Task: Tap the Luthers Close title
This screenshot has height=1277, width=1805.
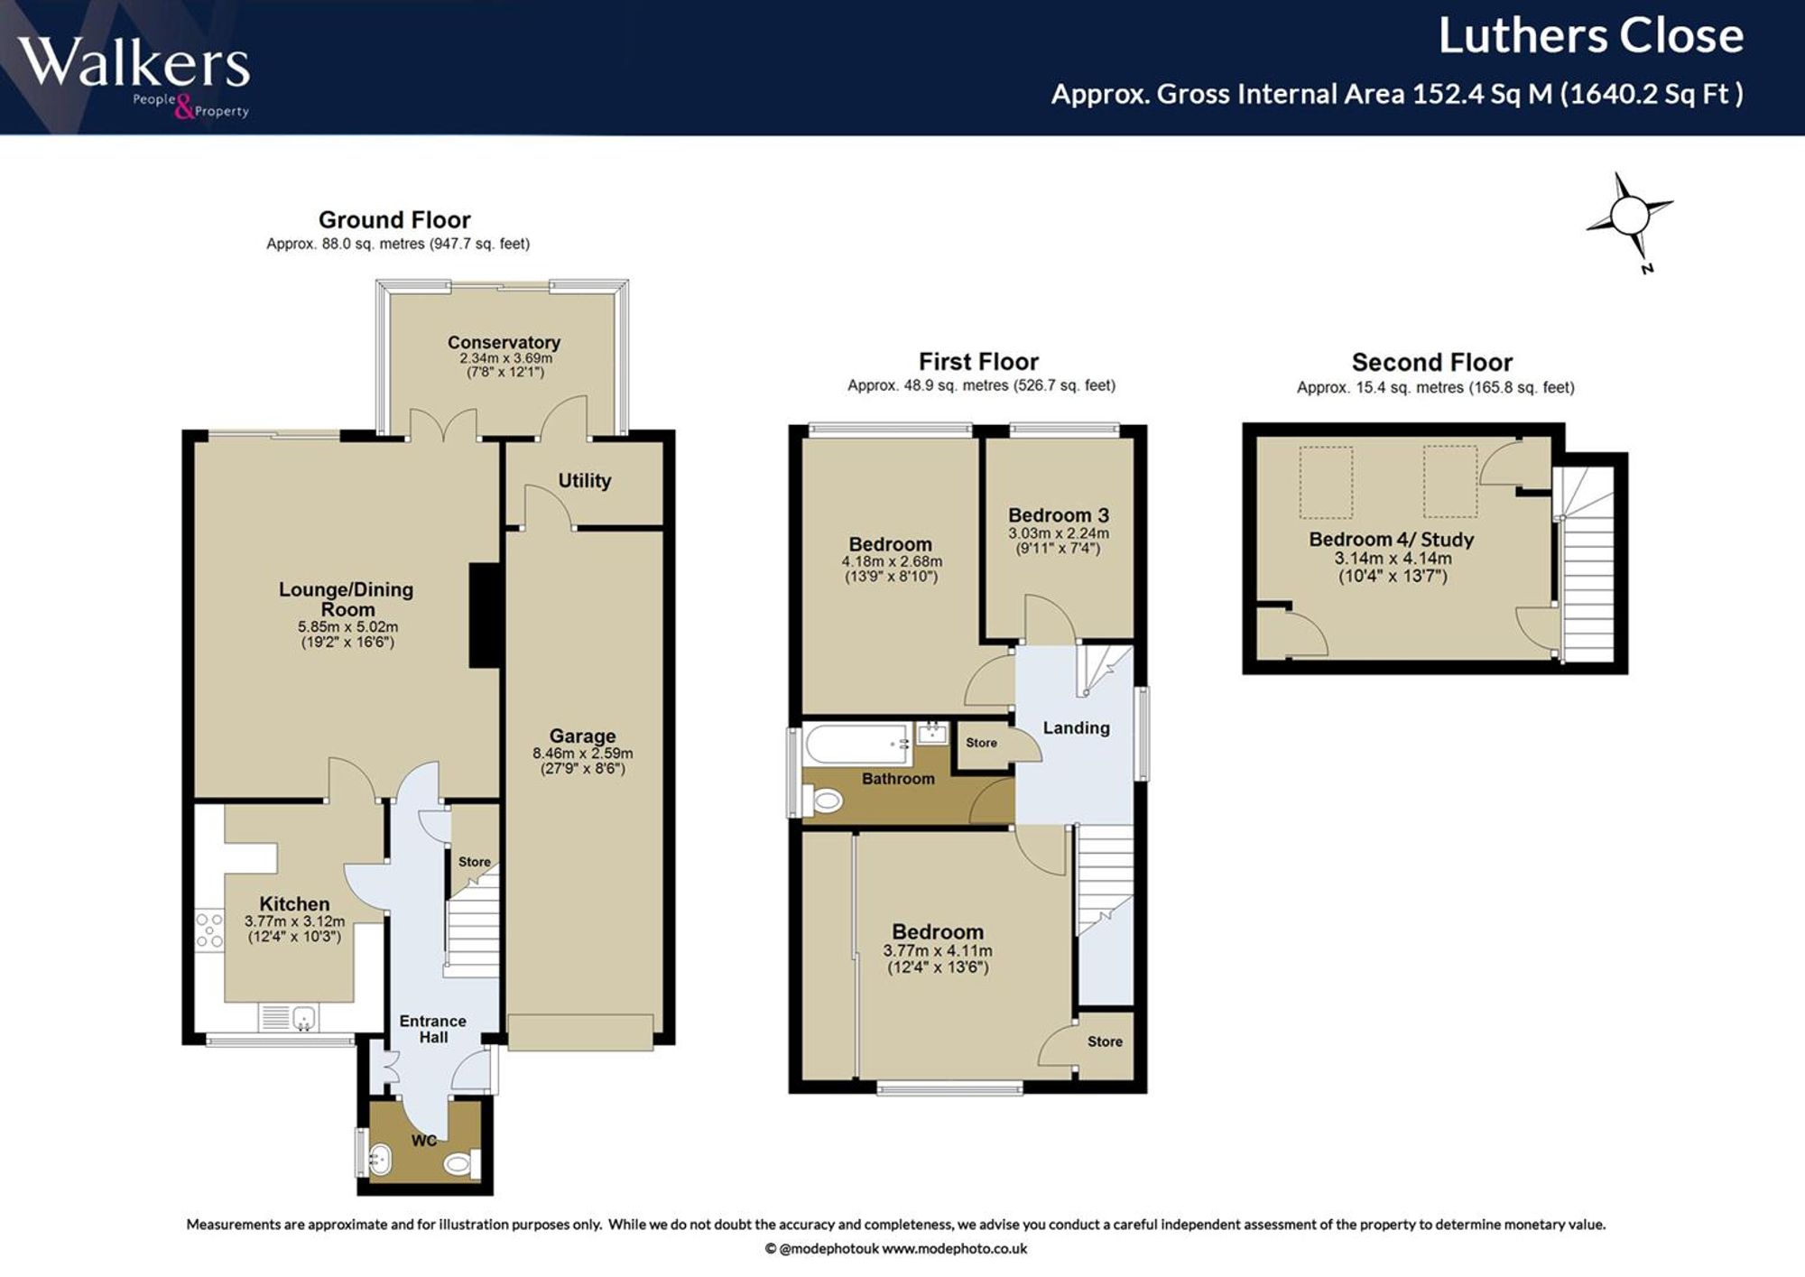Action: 1590,36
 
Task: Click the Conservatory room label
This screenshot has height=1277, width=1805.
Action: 504,343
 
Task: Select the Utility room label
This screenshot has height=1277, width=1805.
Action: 584,481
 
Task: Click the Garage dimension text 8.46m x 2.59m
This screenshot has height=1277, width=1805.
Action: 582,754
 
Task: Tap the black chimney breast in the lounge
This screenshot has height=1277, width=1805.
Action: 485,615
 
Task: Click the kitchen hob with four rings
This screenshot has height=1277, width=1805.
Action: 209,930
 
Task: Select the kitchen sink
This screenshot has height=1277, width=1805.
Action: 289,1017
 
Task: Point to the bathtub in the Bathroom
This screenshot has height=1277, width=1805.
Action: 857,744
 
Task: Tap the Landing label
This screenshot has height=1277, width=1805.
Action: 1076,728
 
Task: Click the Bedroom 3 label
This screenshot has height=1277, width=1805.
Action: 1059,515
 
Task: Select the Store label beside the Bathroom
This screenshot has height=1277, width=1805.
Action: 981,743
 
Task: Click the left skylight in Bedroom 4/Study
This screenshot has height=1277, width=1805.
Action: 1326,483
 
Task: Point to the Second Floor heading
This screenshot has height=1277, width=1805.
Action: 1431,363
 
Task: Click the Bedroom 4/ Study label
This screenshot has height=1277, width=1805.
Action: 1391,540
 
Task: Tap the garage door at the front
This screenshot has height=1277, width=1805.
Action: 579,1032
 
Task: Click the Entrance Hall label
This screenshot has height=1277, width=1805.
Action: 433,1029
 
